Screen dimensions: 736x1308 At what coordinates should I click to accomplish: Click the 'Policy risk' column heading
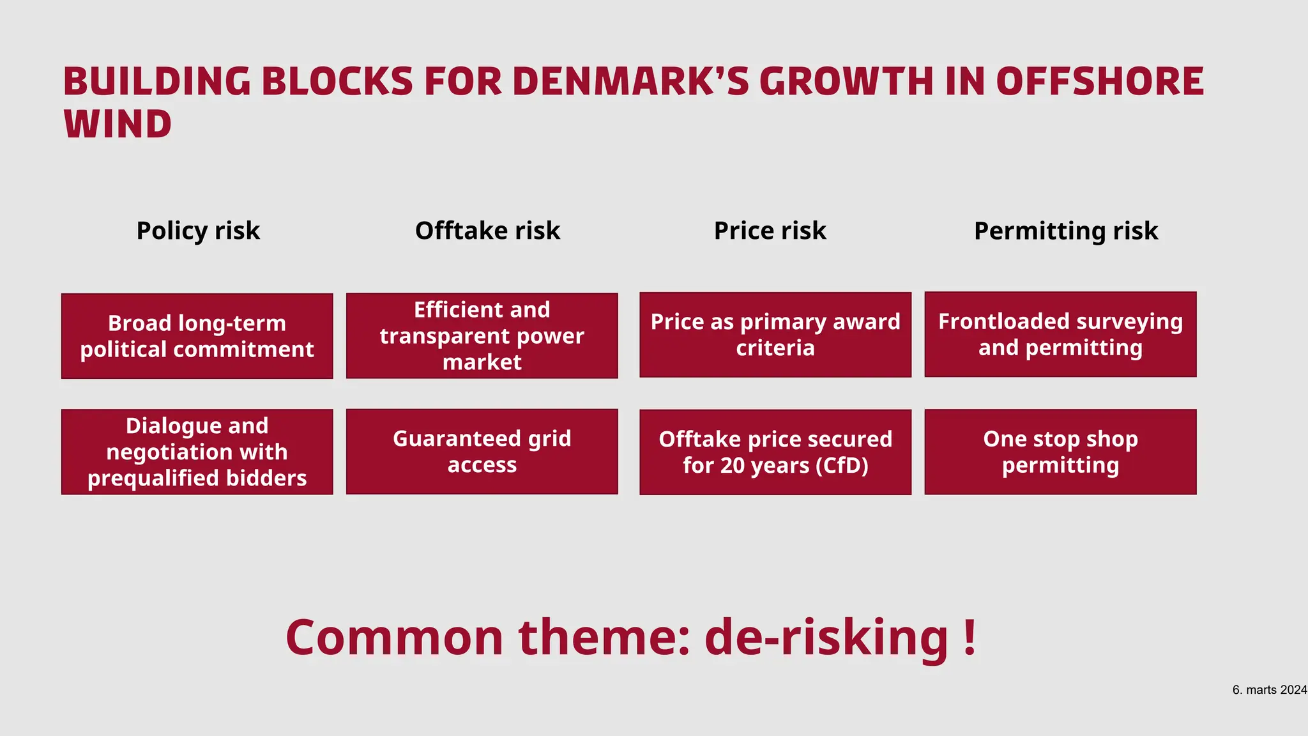click(x=198, y=231)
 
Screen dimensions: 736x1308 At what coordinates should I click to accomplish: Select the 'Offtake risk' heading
click(x=487, y=231)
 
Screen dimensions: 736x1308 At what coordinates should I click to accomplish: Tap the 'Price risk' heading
click(x=770, y=231)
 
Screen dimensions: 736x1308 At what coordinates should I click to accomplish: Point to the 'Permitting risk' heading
click(x=1065, y=231)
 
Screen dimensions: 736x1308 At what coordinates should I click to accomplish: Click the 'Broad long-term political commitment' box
click(x=197, y=336)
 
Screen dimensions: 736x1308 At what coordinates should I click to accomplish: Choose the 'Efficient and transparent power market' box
click(x=482, y=336)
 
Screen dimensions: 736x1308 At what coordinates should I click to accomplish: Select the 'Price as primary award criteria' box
click(x=775, y=335)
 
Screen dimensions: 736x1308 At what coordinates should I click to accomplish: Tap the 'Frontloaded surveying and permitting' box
click(x=1060, y=334)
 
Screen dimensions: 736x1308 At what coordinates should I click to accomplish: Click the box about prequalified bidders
click(x=197, y=452)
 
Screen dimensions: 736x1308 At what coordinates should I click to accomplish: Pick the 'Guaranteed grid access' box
click(x=482, y=452)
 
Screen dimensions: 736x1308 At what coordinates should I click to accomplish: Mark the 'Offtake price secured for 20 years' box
click(x=775, y=452)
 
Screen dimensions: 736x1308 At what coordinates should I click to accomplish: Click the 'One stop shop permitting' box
click(x=1060, y=452)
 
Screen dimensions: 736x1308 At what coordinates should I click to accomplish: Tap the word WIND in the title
click(x=118, y=124)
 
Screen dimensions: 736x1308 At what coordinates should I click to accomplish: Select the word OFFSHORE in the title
click(x=1099, y=82)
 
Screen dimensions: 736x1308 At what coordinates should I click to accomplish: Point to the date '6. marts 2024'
click(x=1269, y=690)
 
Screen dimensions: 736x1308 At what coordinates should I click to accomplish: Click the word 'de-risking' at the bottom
click(x=826, y=638)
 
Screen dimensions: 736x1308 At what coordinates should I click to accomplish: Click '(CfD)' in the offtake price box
click(x=842, y=466)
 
